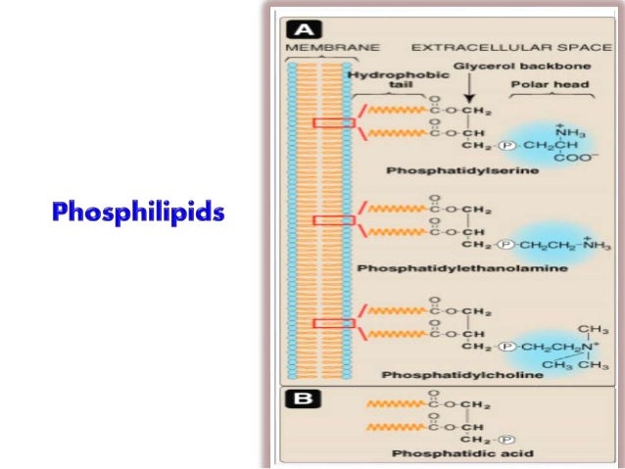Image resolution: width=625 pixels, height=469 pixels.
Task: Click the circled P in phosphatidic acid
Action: pyautogui.click(x=508, y=440)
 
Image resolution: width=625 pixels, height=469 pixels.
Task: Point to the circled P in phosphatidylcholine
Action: pyautogui.click(x=507, y=347)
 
